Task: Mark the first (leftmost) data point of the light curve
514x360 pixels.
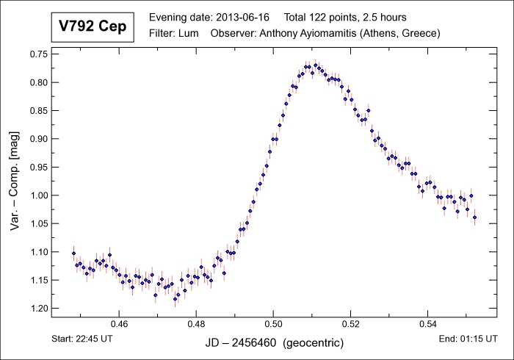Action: point(73,253)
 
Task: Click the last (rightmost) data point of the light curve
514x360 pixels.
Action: point(475,217)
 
